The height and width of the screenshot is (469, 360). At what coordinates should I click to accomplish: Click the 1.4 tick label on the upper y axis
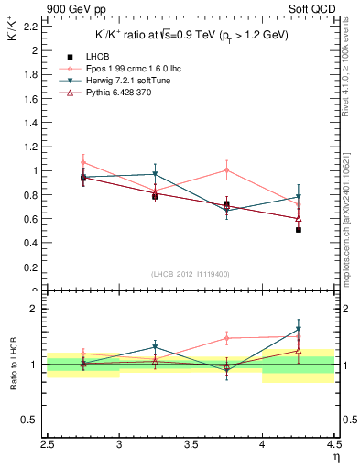coord(30,122)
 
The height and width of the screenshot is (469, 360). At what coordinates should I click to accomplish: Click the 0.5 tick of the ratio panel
coord(30,420)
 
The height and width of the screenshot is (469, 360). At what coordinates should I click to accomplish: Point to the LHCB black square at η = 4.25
coord(299,230)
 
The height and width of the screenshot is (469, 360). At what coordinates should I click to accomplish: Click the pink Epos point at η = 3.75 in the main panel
coord(227,169)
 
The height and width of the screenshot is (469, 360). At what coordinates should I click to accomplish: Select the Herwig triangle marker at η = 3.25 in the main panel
coord(156,174)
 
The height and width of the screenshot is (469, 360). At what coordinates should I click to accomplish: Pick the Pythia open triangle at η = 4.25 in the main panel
coord(299,218)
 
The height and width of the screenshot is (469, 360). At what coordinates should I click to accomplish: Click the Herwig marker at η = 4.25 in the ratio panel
coord(299,329)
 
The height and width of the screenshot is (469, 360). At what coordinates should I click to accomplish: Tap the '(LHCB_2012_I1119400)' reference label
coord(191,273)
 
